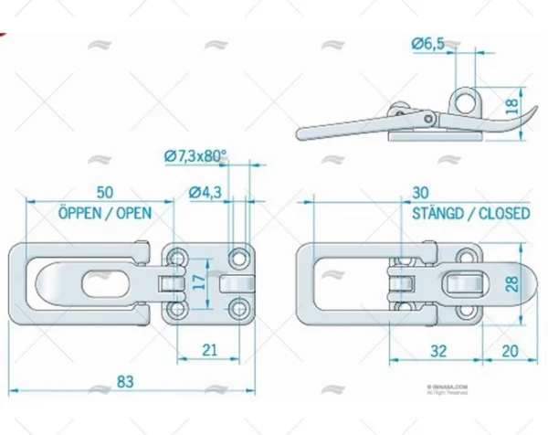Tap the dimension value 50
click(104, 193)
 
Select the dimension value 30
click(421, 193)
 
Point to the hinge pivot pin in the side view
click(427, 116)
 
